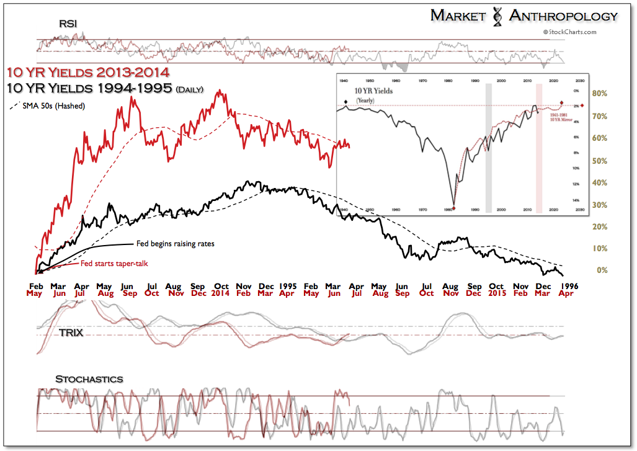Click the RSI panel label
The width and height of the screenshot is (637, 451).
point(68,24)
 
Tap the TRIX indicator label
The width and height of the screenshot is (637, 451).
point(72,333)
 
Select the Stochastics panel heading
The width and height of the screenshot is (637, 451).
point(89,379)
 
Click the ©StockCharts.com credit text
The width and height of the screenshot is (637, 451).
point(570,32)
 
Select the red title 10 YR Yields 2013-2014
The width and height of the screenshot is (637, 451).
point(89,71)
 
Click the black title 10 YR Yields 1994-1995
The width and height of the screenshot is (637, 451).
point(89,88)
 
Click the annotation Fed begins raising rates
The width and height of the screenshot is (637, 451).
point(174,244)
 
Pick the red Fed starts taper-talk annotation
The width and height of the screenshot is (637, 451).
point(114,264)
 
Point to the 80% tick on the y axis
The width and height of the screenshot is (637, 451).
point(599,94)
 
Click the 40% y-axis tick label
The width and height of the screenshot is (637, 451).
point(599,182)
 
